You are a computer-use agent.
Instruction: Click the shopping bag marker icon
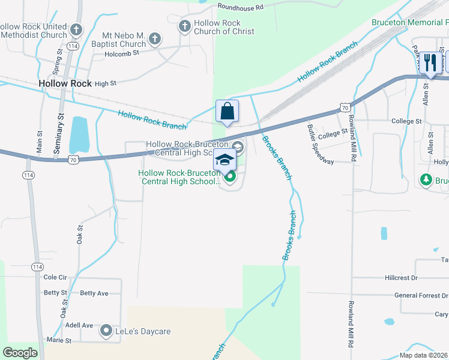[227, 111]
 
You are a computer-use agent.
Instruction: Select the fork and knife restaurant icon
[430, 62]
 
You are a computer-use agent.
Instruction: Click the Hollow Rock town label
[65, 84]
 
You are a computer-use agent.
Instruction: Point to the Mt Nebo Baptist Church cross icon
[154, 40]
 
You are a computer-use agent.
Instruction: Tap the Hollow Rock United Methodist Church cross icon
[76, 29]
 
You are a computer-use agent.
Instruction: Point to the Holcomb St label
[122, 53]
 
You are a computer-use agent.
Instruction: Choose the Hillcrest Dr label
[400, 278]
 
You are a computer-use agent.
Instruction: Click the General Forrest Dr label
[421, 295]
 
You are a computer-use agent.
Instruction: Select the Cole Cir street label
[55, 277]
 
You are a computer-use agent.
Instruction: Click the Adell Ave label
[79, 325]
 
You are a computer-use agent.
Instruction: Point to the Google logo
[20, 352]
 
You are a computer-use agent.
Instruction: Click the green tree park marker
[426, 179]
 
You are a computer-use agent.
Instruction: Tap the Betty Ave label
[94, 293]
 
